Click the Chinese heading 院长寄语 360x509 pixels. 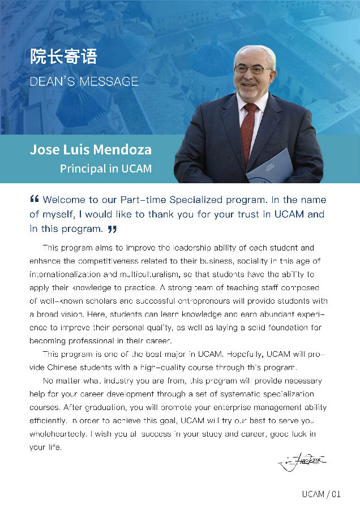coord(63,57)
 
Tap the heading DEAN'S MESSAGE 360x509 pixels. coord(84,81)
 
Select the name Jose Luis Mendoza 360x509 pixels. coord(91,150)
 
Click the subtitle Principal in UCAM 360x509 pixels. coord(106,169)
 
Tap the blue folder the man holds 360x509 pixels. coord(270,166)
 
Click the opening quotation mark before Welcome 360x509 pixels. coord(34,199)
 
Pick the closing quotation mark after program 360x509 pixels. coord(112,229)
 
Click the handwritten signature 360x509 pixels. coord(302,463)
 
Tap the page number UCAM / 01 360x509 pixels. coord(321,494)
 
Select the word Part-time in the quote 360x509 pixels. coord(143,200)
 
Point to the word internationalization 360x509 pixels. coord(65,274)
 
